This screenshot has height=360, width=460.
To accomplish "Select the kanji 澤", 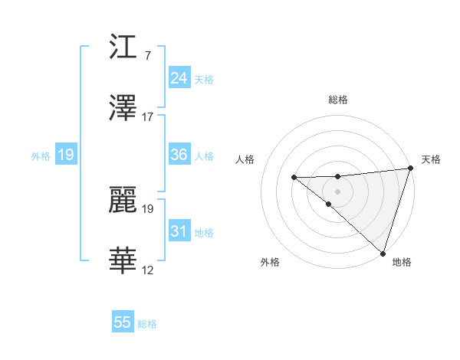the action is pyautogui.click(x=123, y=108).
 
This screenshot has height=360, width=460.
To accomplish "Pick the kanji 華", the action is pyautogui.click(x=123, y=261).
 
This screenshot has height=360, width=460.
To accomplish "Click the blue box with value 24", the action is pyautogui.click(x=179, y=78).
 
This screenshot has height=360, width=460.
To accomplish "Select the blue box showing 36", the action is pyautogui.click(x=179, y=155).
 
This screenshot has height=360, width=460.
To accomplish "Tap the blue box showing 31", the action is pyautogui.click(x=179, y=231).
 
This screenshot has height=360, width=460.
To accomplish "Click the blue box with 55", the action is pyautogui.click(x=123, y=322).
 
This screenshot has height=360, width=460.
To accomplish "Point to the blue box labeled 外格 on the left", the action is pyautogui.click(x=65, y=155).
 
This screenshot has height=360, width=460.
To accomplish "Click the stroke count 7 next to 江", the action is pyautogui.click(x=147, y=56).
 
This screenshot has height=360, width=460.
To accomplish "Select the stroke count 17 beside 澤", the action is pyautogui.click(x=148, y=117).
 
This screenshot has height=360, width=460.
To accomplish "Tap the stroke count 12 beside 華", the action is pyautogui.click(x=148, y=270).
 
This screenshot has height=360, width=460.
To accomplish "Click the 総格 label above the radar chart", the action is pyautogui.click(x=338, y=100).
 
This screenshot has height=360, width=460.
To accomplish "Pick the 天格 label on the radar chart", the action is pyautogui.click(x=431, y=159).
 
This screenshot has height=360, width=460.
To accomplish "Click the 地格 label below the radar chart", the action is pyautogui.click(x=402, y=262).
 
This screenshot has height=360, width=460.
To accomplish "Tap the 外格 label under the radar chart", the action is pyautogui.click(x=270, y=262).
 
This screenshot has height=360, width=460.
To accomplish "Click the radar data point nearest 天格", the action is pyautogui.click(x=411, y=168).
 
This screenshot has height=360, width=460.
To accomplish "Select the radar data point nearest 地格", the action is pyautogui.click(x=383, y=253).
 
